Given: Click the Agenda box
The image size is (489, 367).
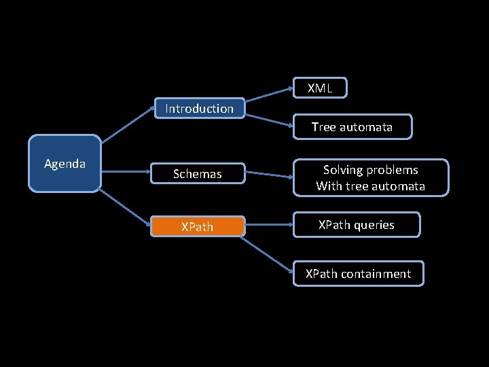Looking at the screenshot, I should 65,164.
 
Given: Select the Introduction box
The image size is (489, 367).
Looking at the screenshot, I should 199,109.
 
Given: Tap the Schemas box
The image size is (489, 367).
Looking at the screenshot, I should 197,174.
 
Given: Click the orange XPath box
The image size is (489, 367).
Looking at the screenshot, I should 197,226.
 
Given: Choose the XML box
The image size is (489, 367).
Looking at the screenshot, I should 320,88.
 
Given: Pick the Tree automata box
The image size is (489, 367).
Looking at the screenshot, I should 352,127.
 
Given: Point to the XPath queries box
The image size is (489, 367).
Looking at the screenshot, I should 357,225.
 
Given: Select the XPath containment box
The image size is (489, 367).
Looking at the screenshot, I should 358,274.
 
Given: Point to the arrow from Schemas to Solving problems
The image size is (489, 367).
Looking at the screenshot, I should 268,175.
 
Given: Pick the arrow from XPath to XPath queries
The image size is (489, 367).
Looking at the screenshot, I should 268,226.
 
